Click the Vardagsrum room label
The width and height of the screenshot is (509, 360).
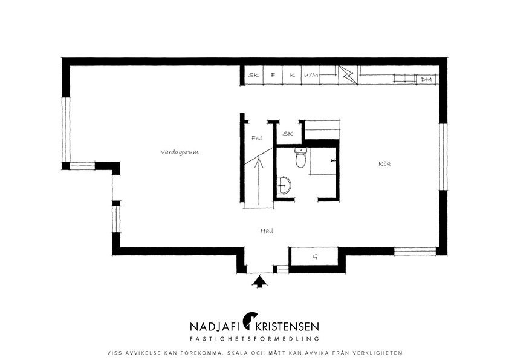180,152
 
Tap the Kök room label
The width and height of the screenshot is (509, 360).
384,163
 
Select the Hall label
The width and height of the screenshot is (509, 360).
267,231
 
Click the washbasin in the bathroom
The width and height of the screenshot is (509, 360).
284,186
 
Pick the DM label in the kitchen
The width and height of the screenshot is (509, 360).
426,79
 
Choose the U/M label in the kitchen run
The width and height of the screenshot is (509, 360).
311,76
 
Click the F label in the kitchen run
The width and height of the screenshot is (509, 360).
273,75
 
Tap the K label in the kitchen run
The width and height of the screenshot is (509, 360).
292,75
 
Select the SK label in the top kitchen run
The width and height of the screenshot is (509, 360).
253,75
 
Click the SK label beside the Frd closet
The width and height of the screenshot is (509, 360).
288,133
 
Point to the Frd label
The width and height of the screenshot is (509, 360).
257,138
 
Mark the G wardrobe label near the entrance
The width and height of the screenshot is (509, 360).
314,257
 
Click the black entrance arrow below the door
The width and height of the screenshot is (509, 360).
260,281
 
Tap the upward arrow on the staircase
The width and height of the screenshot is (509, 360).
259,182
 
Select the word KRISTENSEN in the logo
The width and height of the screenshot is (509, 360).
287,326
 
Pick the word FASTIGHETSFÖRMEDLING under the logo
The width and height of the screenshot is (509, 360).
254,339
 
